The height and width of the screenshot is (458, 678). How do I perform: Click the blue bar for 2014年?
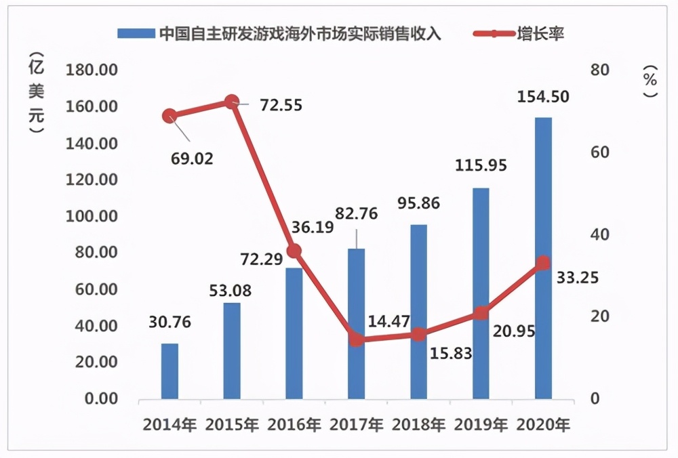[x=169, y=371]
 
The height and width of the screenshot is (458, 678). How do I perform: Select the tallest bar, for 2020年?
[x=543, y=257]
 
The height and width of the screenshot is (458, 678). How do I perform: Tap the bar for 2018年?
[x=418, y=311]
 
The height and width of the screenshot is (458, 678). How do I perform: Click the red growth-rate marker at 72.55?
[x=232, y=102]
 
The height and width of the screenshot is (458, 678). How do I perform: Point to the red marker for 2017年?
[x=357, y=339]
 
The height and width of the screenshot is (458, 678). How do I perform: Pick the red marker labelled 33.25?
[x=543, y=263]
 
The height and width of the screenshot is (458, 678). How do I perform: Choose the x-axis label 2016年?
[x=294, y=425]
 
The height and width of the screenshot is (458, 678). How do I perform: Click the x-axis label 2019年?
[x=481, y=425]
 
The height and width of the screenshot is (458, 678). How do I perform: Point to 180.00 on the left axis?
[x=91, y=70]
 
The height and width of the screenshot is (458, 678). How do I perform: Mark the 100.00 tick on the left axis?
[x=91, y=217]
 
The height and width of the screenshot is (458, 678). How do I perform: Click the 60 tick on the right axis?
[x=595, y=153]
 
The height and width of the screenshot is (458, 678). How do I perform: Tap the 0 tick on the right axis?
[x=595, y=399]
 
